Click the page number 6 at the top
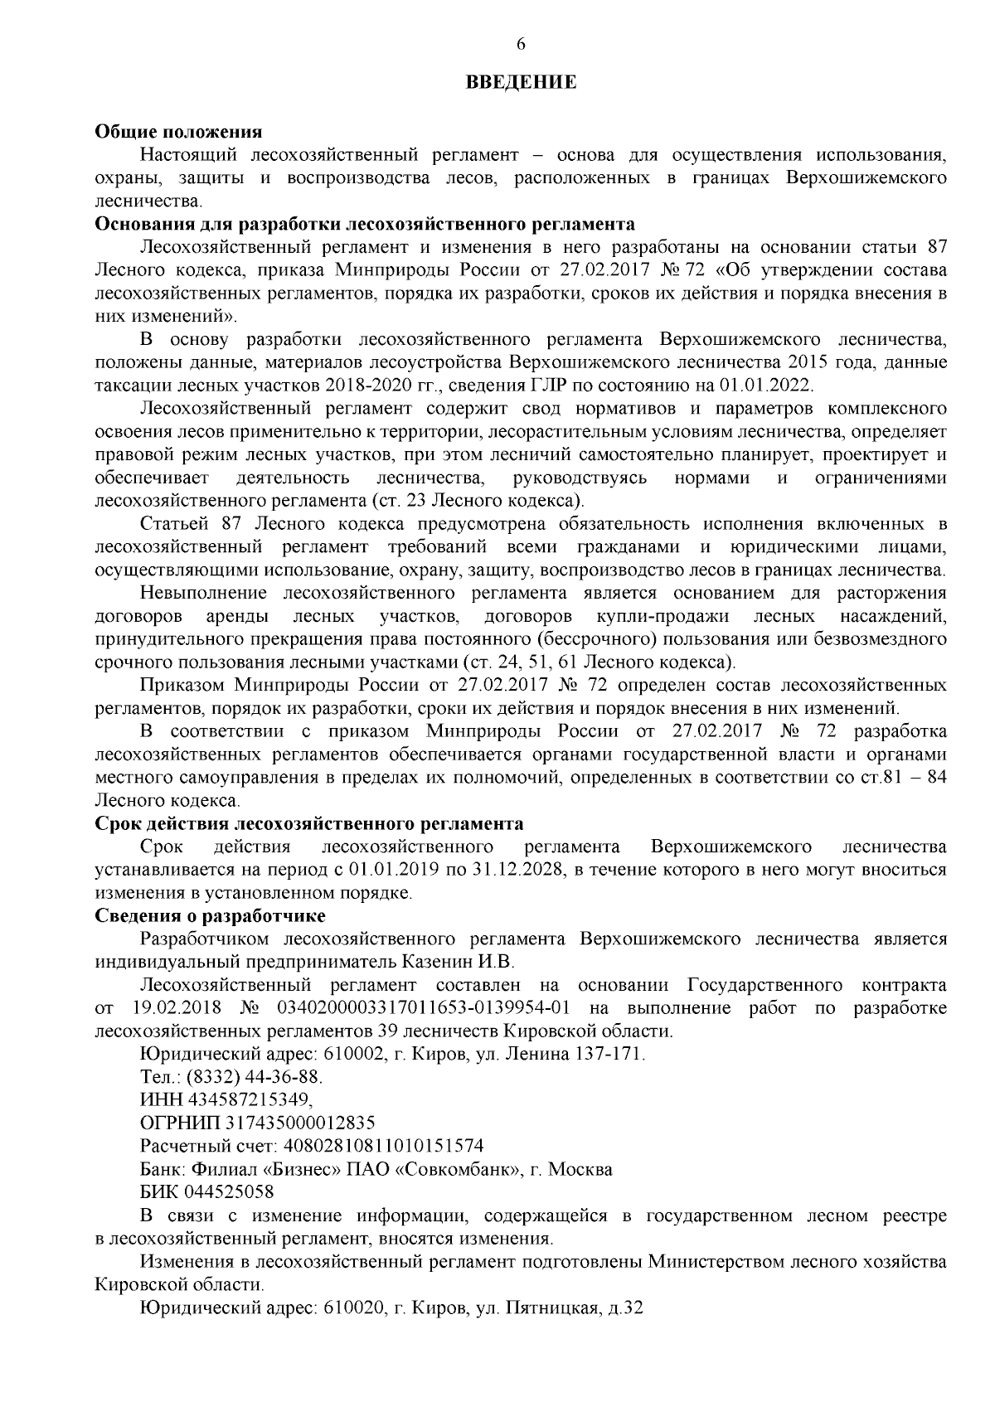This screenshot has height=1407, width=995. [521, 45]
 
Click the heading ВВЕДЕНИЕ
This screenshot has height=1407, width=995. [520, 83]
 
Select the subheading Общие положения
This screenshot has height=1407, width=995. [178, 132]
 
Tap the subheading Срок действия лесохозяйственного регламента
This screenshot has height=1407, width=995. [309, 823]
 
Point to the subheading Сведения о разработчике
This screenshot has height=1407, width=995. [211, 916]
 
